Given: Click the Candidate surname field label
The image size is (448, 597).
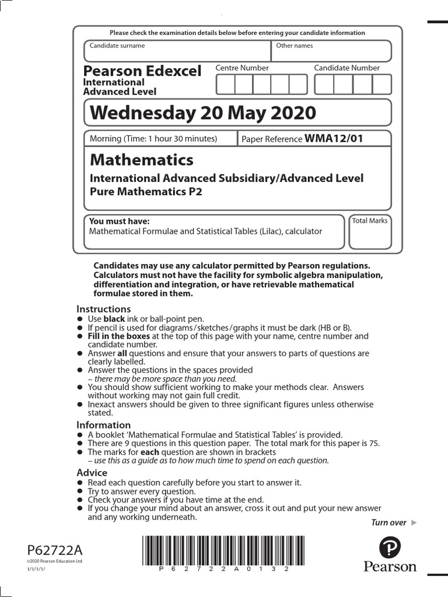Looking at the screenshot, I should point(117,45).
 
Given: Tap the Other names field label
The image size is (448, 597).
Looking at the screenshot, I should point(295,45).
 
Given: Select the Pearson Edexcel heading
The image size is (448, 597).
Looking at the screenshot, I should point(142,71).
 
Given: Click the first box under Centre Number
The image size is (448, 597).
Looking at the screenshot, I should point(225,85).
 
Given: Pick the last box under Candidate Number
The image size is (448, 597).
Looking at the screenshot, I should point(381,85).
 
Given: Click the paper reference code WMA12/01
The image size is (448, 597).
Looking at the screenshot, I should point(334,139).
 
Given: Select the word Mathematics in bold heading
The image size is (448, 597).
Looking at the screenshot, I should point(141,160).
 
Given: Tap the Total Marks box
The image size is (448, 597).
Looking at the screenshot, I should point(370,233).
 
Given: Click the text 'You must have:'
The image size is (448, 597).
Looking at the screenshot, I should point(119,221).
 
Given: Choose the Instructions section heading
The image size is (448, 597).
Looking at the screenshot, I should point(104,309).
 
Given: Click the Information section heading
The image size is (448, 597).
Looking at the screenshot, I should point(104,425).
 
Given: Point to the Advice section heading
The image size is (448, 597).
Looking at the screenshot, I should point(92,473).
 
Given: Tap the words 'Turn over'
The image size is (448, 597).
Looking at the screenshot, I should point(388,522).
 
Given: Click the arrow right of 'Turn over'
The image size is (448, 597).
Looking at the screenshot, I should point(414,522).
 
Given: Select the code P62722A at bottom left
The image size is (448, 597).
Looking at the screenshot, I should point(55,550).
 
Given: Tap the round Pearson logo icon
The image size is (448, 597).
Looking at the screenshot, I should point(390,547).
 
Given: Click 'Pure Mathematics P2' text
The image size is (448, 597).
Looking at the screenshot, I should point(146,191).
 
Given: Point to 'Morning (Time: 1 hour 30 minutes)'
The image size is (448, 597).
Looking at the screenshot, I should point(153,139).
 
